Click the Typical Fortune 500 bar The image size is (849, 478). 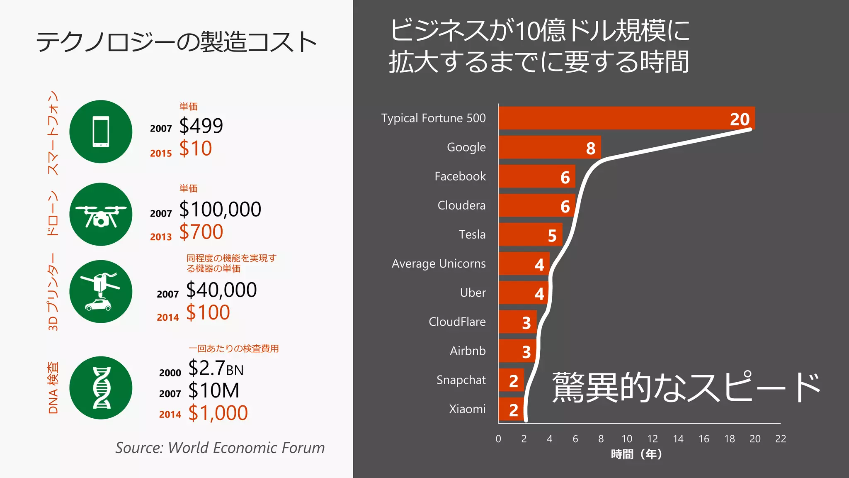point(626,118)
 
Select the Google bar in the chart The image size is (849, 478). point(549,147)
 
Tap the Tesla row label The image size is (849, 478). point(472,234)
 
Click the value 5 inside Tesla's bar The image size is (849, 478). point(552,236)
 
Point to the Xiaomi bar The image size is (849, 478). point(512,409)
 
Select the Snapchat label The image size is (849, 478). point(461,380)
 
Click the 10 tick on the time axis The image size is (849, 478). point(626,439)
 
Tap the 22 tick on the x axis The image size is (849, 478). point(780,439)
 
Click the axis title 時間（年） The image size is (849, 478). point(636,454)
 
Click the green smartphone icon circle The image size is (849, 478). point(101,132)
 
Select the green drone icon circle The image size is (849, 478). point(101,214)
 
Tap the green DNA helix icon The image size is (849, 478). point(101,388)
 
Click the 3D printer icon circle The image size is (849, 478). point(101,291)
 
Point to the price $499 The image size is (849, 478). point(201,126)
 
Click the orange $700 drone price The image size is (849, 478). point(201,232)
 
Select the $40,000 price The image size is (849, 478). point(221,290)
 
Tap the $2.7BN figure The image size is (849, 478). point(216,368)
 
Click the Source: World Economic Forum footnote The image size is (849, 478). point(220,448)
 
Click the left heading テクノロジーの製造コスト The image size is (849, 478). point(176,42)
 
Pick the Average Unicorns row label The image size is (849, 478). point(438,264)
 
